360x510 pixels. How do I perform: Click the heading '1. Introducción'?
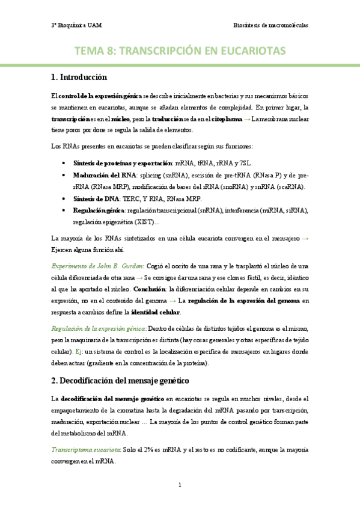click(x=79, y=78)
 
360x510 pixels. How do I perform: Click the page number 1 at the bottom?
click(x=180, y=484)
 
